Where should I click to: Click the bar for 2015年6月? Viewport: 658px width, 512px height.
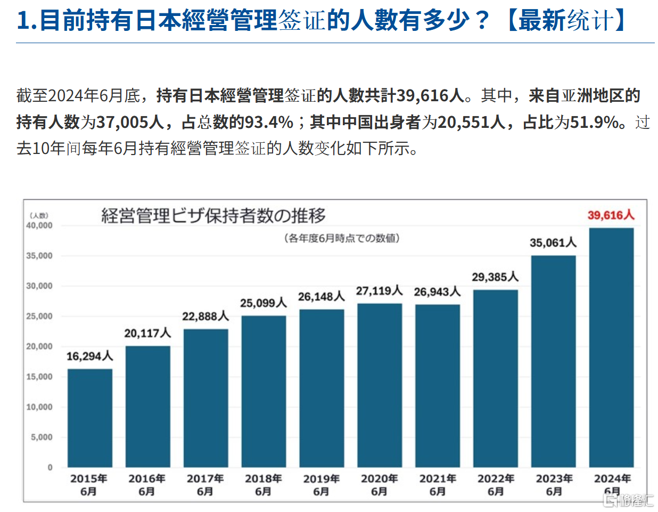89,418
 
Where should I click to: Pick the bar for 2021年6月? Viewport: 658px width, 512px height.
437,386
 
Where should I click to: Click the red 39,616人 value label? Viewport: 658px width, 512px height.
611,215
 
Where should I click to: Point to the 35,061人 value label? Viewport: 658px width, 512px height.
553,243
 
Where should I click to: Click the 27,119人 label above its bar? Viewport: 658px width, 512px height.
379,291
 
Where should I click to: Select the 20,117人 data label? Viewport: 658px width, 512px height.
147,334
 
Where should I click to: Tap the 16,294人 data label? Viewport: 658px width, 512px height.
89,356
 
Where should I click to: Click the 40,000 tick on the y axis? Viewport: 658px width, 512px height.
39,225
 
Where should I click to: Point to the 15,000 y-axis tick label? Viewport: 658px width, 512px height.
39,377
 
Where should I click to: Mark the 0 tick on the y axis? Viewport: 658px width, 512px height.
50,467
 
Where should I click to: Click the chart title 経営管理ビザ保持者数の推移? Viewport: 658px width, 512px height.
213,216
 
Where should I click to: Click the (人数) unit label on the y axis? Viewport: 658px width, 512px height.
39,215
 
